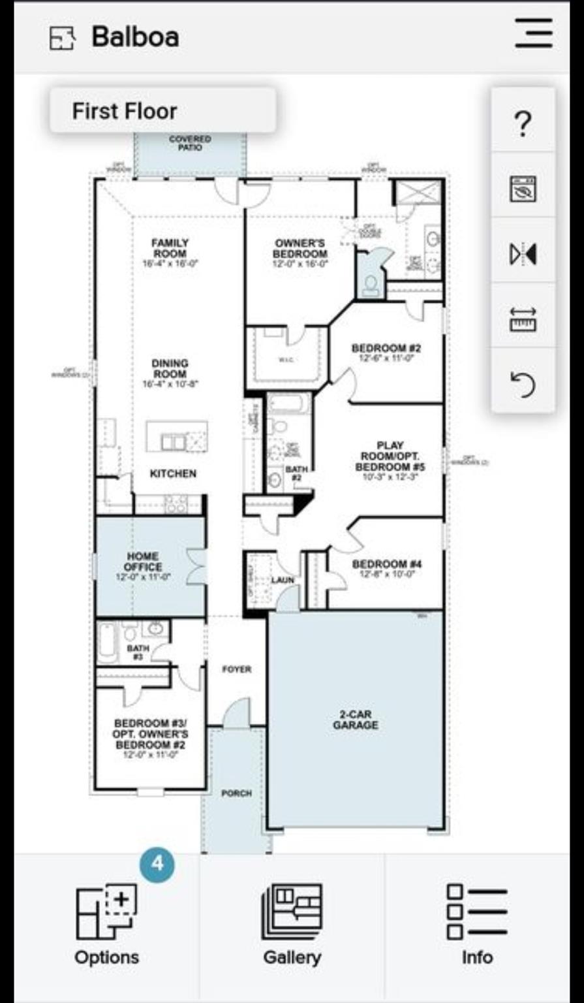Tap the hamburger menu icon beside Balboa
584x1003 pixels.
(534, 33)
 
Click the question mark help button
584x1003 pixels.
(523, 123)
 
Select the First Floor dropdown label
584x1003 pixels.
(125, 111)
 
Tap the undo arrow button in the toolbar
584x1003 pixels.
(523, 384)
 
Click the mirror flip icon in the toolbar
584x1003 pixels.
(523, 253)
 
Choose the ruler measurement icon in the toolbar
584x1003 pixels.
(523, 319)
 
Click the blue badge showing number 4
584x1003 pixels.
(157, 865)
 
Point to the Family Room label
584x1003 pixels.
(170, 248)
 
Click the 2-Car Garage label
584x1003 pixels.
(355, 720)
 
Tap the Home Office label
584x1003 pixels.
(143, 562)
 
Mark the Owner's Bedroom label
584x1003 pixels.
(300, 249)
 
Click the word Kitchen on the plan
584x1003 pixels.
(173, 473)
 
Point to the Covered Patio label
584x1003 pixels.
(190, 143)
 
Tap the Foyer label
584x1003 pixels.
(236, 669)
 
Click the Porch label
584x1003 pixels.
(236, 793)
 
